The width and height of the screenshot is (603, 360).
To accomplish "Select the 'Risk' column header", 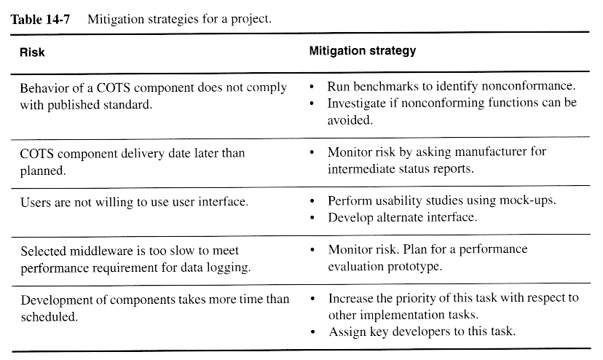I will click(x=33, y=52).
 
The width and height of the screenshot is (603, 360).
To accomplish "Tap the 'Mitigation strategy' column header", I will click(x=363, y=51).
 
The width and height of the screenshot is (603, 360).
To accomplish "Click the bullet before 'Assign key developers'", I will click(x=312, y=333).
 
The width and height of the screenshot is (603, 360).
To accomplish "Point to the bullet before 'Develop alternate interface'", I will click(x=312, y=218).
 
